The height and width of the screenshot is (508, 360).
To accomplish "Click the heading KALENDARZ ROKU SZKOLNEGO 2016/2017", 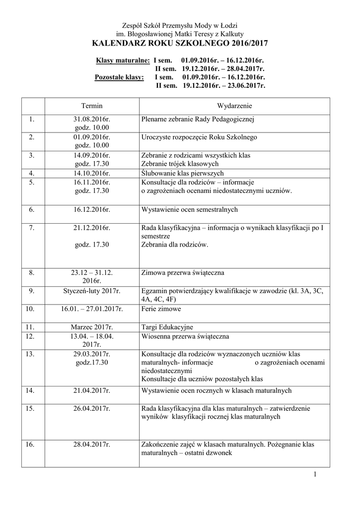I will [180, 44].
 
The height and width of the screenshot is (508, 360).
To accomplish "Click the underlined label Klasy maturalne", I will [123, 61].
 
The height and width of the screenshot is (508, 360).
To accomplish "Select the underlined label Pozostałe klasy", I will [120, 77].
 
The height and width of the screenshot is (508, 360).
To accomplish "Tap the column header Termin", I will [92, 106].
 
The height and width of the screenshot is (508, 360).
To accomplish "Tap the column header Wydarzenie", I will [235, 106].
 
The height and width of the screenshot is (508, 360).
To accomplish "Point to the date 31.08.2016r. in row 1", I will [92, 120].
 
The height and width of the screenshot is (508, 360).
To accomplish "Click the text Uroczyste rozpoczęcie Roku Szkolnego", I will [199, 137].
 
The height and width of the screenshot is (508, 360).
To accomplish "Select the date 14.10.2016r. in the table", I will [92, 173].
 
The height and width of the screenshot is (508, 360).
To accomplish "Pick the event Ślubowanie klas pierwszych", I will [182, 173].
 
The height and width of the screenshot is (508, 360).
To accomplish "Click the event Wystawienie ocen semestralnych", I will [190, 209].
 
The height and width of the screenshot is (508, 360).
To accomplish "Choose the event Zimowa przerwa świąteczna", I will [183, 272].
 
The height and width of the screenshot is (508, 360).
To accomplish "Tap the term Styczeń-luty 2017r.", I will [92, 291].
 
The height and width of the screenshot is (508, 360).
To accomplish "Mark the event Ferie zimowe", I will [161, 309].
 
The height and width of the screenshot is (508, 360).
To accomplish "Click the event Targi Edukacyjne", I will [167, 327].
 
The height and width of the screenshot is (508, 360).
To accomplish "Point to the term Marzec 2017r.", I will [92, 327].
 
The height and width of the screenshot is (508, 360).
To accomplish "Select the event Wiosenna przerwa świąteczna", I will [185, 336].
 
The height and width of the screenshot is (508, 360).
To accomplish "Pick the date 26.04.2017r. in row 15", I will [92, 408].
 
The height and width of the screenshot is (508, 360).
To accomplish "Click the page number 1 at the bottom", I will [315, 475].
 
